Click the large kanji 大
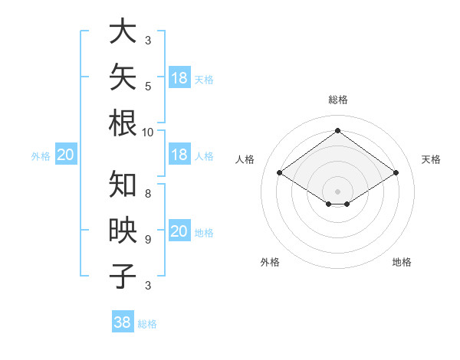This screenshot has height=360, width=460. tap(123, 31)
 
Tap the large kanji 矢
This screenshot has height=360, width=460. tap(123, 77)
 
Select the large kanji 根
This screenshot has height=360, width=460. tap(123, 123)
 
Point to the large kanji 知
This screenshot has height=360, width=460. tap(123, 184)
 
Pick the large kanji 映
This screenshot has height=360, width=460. tap(123, 230)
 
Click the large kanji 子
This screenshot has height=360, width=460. tap(123, 276)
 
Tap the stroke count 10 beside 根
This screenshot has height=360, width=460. tap(147, 133)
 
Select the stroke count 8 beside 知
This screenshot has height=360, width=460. tap(148, 194)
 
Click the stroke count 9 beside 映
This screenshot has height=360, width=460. tap(148, 240)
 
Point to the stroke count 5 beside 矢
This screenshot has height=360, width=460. tap(148, 87)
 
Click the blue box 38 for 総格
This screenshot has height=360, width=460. tap(123, 321)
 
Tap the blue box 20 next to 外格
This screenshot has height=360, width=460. tap(66, 154)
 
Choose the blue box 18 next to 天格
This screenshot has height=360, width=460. tap(180, 77)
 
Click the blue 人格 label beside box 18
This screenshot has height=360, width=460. tap(204, 156)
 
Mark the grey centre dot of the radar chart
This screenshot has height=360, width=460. tap(337, 191)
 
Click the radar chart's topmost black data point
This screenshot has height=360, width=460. tap(337, 130)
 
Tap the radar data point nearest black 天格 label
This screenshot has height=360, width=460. tap(396, 172)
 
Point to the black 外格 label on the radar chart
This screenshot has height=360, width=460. tap(270, 262)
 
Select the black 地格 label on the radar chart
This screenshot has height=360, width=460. tap(402, 262)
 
